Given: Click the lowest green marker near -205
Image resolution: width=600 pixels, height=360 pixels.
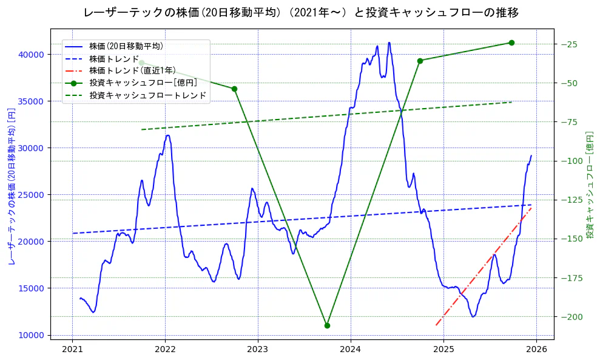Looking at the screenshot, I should [327, 325].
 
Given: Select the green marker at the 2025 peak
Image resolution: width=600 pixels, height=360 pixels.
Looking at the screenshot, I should [511, 42].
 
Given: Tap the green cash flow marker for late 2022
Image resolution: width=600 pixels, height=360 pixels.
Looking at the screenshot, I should [234, 89].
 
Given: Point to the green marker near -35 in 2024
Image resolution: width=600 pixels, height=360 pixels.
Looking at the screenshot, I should [420, 61].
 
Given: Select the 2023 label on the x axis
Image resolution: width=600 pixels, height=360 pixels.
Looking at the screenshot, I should [258, 350].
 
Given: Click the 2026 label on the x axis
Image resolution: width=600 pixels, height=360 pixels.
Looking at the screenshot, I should [536, 350].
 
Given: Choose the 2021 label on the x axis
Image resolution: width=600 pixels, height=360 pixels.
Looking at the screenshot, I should [72, 350].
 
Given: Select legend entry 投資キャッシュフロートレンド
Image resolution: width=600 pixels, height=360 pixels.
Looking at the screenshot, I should [147, 96].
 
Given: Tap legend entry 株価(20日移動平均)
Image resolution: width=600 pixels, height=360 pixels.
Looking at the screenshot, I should [126, 46].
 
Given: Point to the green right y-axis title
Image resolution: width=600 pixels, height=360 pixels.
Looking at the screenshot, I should [589, 184].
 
